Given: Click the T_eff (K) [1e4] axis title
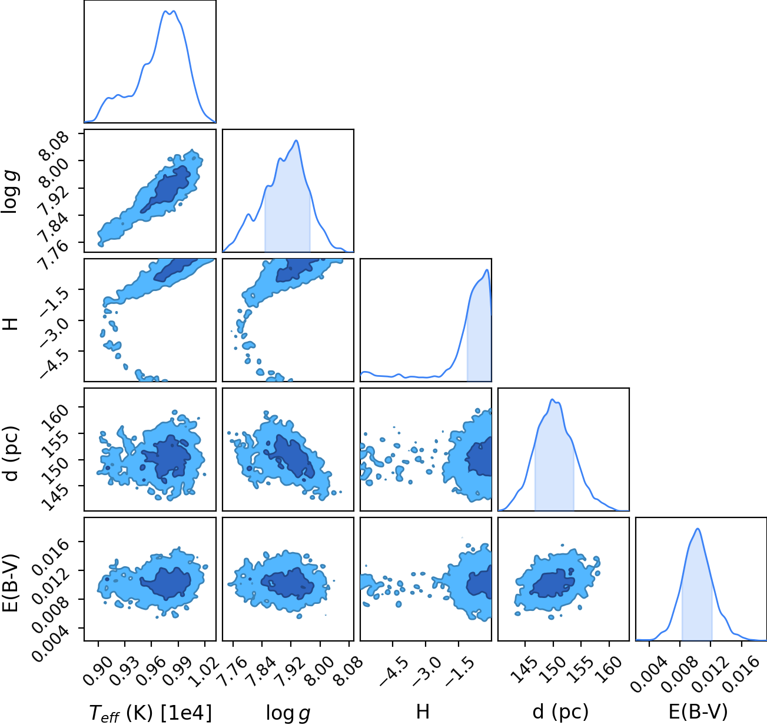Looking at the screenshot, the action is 151,713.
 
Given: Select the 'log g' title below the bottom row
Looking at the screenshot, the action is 288,713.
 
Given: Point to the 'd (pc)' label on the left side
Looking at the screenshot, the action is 11,454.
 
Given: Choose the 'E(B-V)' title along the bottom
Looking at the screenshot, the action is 698,712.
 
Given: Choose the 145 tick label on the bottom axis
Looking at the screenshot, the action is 524,669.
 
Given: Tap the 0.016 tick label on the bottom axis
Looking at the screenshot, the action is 741,673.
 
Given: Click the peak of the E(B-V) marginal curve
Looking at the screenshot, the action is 698,529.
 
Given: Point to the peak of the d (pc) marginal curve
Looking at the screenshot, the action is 552,399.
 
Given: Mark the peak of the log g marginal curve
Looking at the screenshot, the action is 297,141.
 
